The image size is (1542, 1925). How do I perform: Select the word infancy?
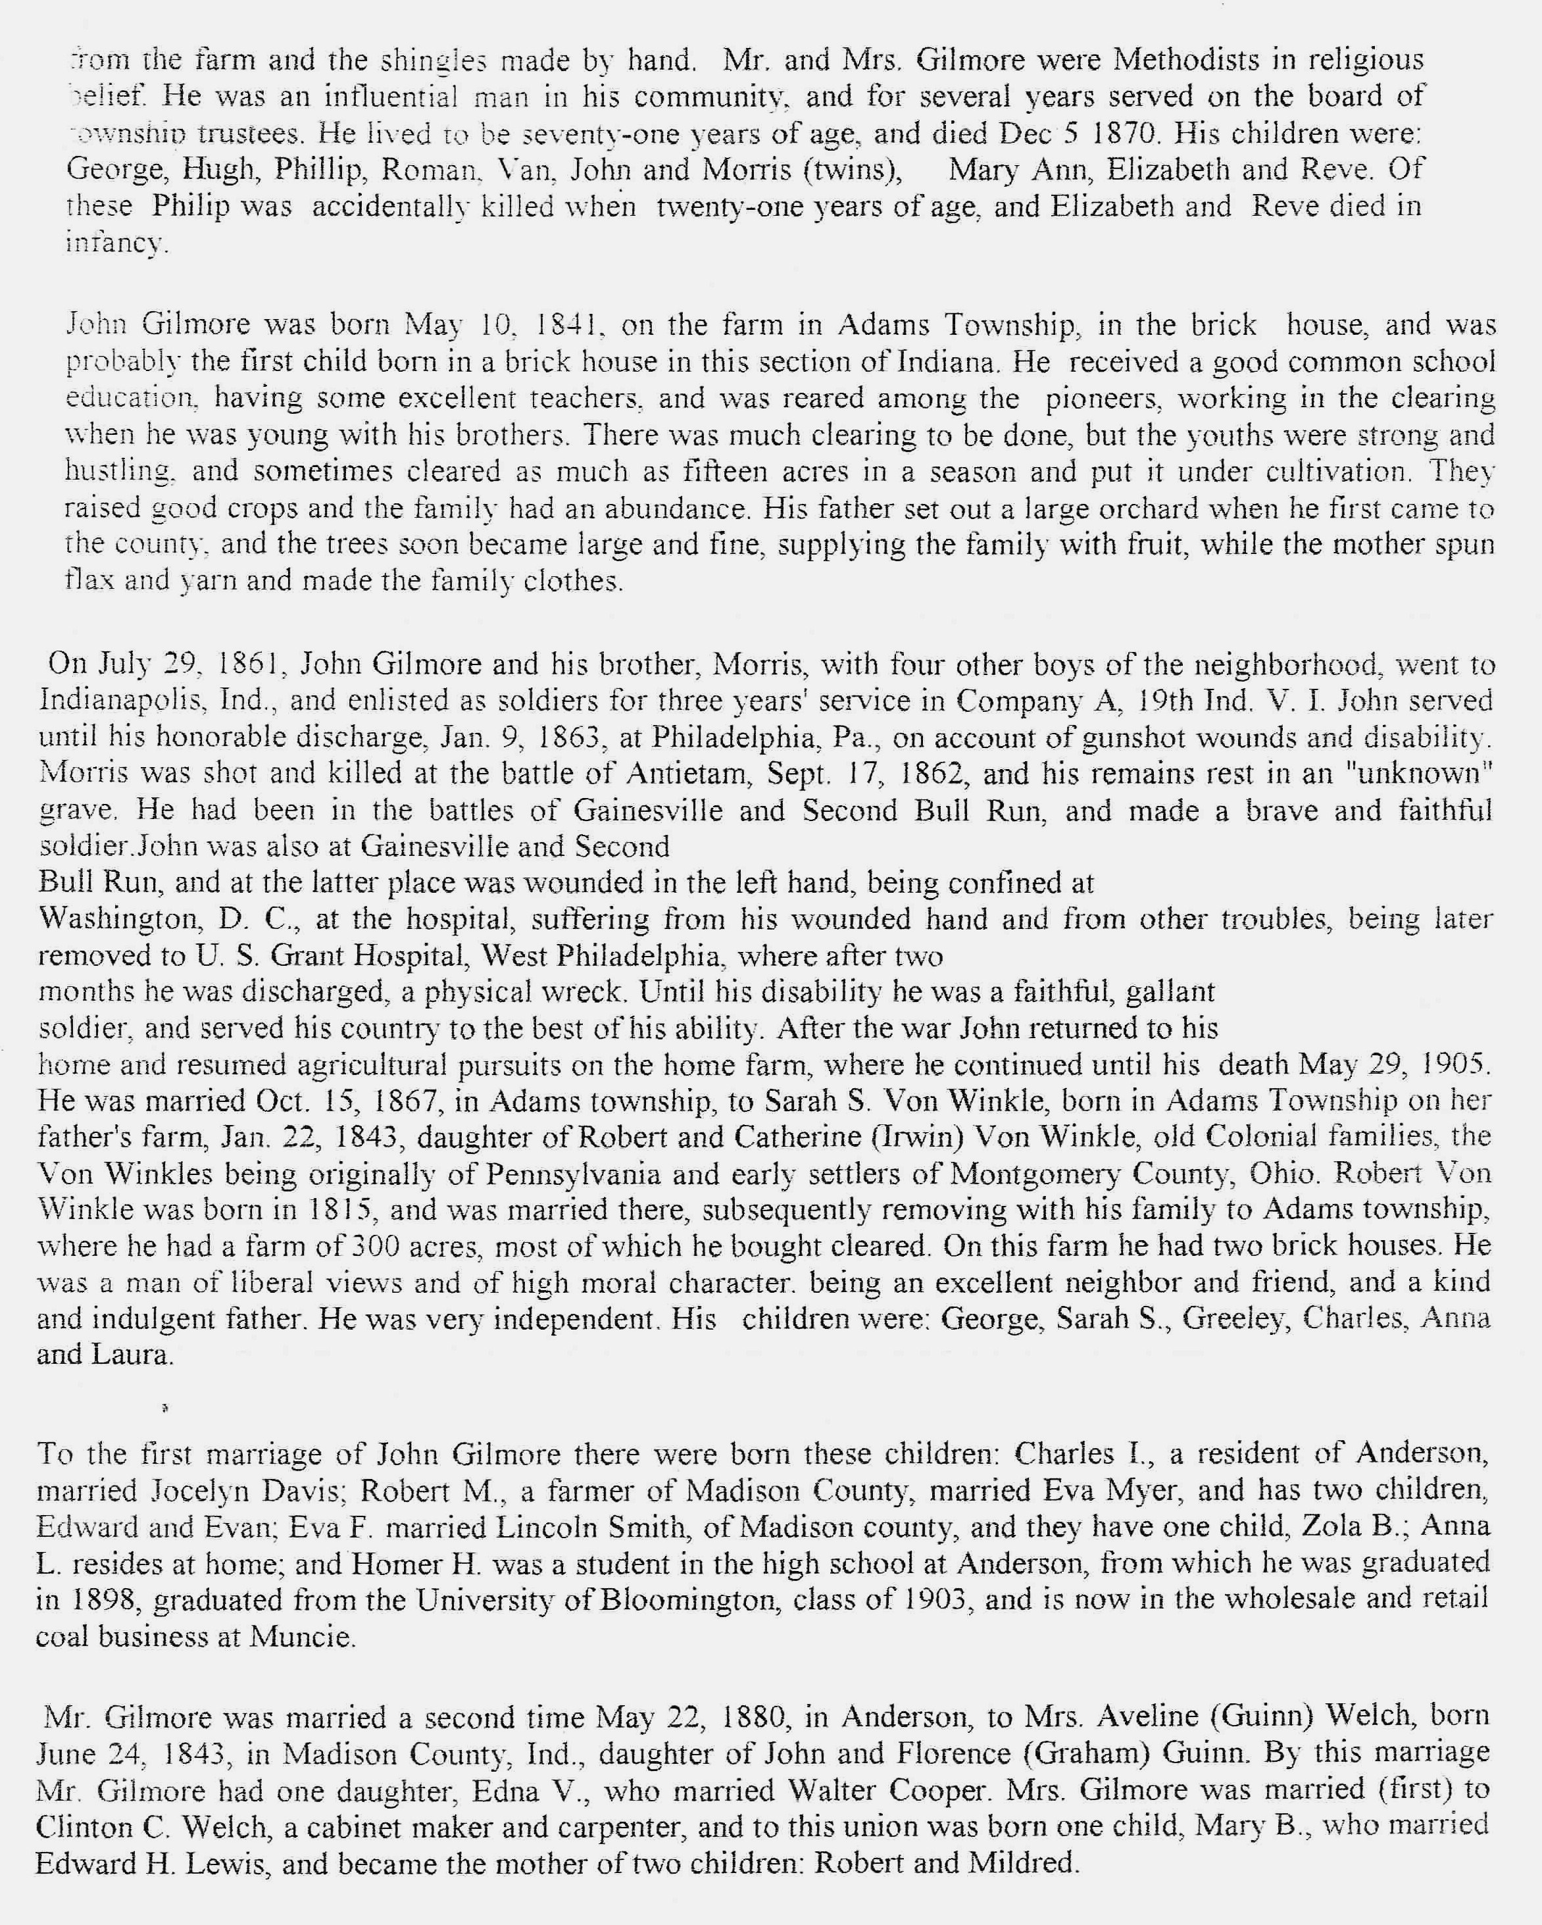[116, 243]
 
